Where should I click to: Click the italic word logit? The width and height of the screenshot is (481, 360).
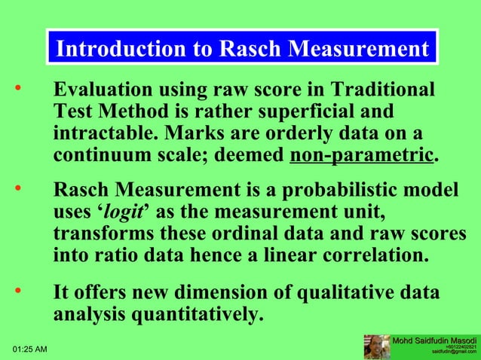[x=123, y=213]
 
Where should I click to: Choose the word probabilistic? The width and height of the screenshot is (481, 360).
[x=342, y=191]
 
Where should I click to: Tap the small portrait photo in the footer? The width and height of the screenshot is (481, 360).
[x=376, y=346]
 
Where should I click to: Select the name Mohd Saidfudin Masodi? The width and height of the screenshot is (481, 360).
[x=435, y=340]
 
